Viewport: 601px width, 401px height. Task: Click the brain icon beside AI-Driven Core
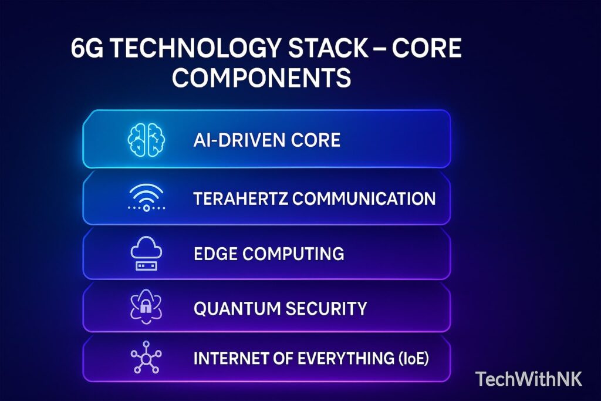coord(146,141)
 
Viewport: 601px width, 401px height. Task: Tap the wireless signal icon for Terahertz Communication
coord(146,198)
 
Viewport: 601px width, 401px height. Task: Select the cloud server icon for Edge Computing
coord(146,254)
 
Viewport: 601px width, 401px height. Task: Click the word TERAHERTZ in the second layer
coord(240,198)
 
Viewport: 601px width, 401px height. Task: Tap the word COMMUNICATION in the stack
coord(364,198)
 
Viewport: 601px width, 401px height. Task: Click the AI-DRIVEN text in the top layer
coord(235,141)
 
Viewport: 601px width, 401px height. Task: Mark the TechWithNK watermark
coord(529,379)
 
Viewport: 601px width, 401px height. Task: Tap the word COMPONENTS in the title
coord(261,77)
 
